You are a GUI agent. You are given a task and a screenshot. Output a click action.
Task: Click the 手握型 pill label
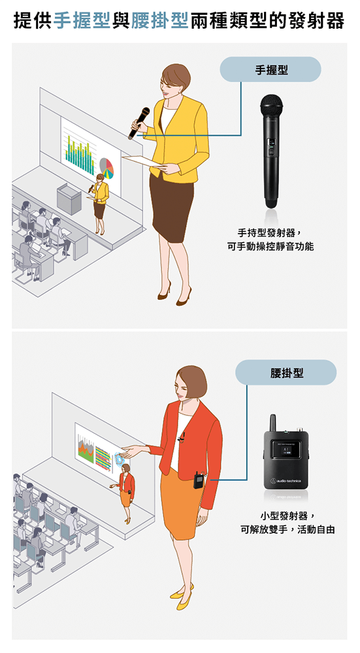point(270,70)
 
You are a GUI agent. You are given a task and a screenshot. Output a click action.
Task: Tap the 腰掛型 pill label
point(286,372)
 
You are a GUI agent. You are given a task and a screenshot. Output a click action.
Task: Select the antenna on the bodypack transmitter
point(272,422)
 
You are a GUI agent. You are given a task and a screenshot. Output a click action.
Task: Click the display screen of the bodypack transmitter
point(286,451)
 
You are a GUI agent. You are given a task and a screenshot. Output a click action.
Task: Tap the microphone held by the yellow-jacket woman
point(139,123)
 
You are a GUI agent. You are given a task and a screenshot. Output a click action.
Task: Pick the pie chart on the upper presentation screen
point(106,167)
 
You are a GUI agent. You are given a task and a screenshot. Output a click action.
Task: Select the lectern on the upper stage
point(69,199)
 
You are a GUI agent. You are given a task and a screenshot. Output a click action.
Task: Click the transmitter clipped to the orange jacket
point(198,480)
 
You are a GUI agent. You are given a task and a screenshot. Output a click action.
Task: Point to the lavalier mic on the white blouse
point(181,438)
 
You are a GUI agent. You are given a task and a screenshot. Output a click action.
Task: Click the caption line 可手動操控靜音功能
point(270,247)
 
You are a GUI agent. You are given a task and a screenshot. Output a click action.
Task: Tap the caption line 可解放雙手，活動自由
point(287,530)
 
